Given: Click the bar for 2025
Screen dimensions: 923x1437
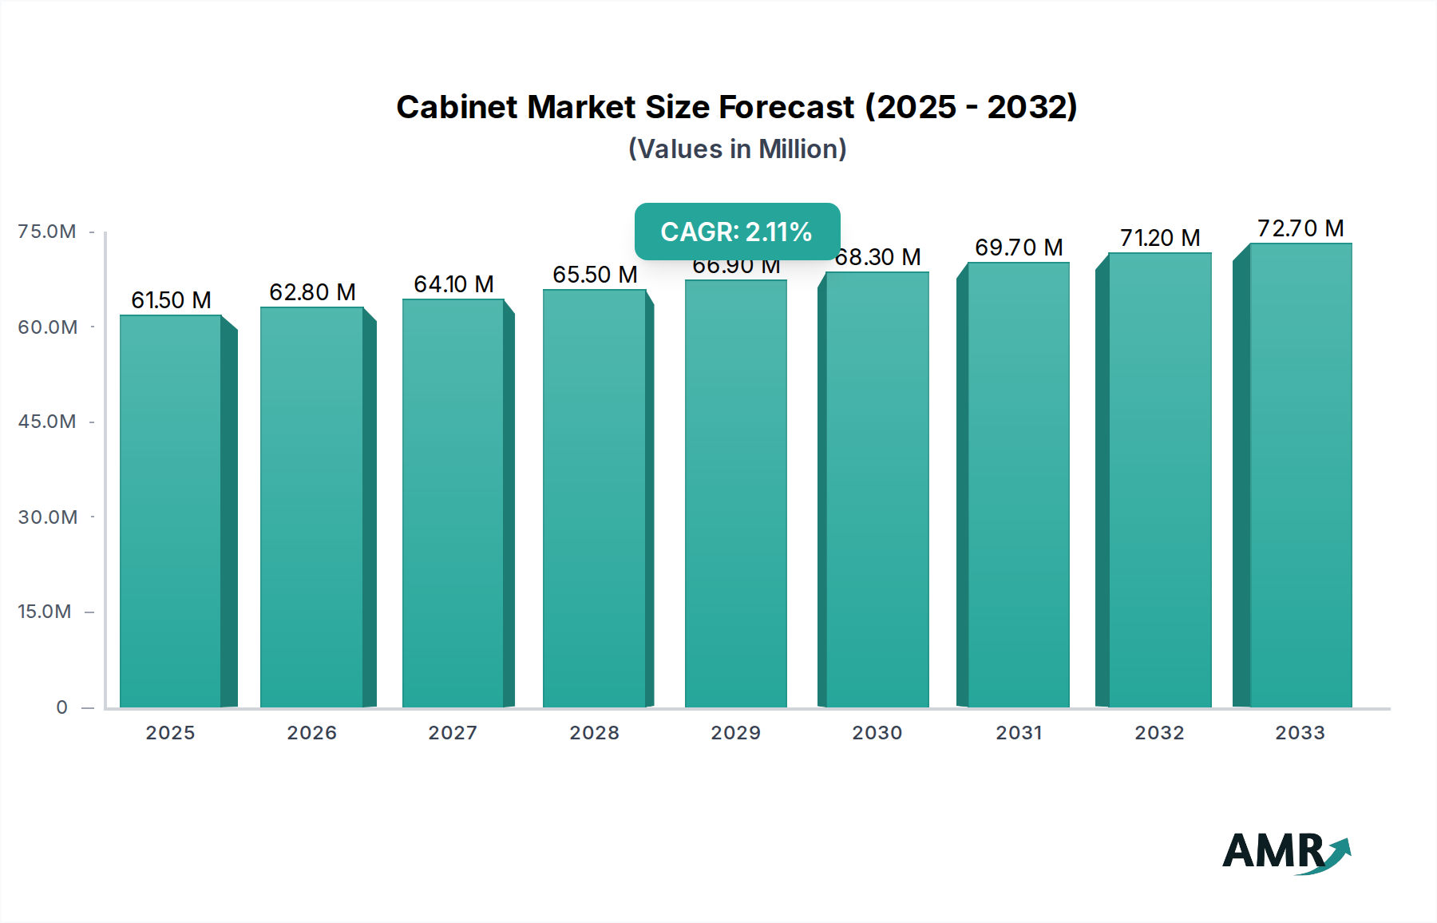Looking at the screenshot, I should click(170, 511).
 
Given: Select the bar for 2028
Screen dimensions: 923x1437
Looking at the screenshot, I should click(594, 499).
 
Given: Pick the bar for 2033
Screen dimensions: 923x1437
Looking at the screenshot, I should click(1300, 476).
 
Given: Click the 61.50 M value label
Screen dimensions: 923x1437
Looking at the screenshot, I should click(171, 300).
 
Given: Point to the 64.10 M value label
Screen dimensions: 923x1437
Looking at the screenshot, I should click(453, 284).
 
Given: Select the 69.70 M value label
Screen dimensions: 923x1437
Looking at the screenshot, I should click(1019, 248).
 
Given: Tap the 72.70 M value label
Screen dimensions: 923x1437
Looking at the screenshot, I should click(1300, 228).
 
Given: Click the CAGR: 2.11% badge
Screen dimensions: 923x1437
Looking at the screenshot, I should click(737, 232).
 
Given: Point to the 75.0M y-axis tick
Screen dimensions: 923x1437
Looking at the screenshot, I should click(47, 232).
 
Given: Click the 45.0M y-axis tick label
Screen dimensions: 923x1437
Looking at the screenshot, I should click(47, 422).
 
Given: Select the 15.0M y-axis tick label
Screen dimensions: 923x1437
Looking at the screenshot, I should click(45, 612).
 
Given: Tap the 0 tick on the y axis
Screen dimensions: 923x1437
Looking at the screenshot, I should click(62, 707).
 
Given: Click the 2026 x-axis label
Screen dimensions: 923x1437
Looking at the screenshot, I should click(311, 733).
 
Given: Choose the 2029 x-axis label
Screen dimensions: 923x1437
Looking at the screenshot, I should click(735, 733).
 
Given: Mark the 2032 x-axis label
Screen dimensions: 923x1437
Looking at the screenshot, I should click(1159, 733).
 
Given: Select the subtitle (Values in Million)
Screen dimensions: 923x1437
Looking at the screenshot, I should click(737, 149).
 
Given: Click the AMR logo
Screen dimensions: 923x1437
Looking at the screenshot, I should click(1285, 852).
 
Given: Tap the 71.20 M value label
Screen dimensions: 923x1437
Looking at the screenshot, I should click(1160, 238).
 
